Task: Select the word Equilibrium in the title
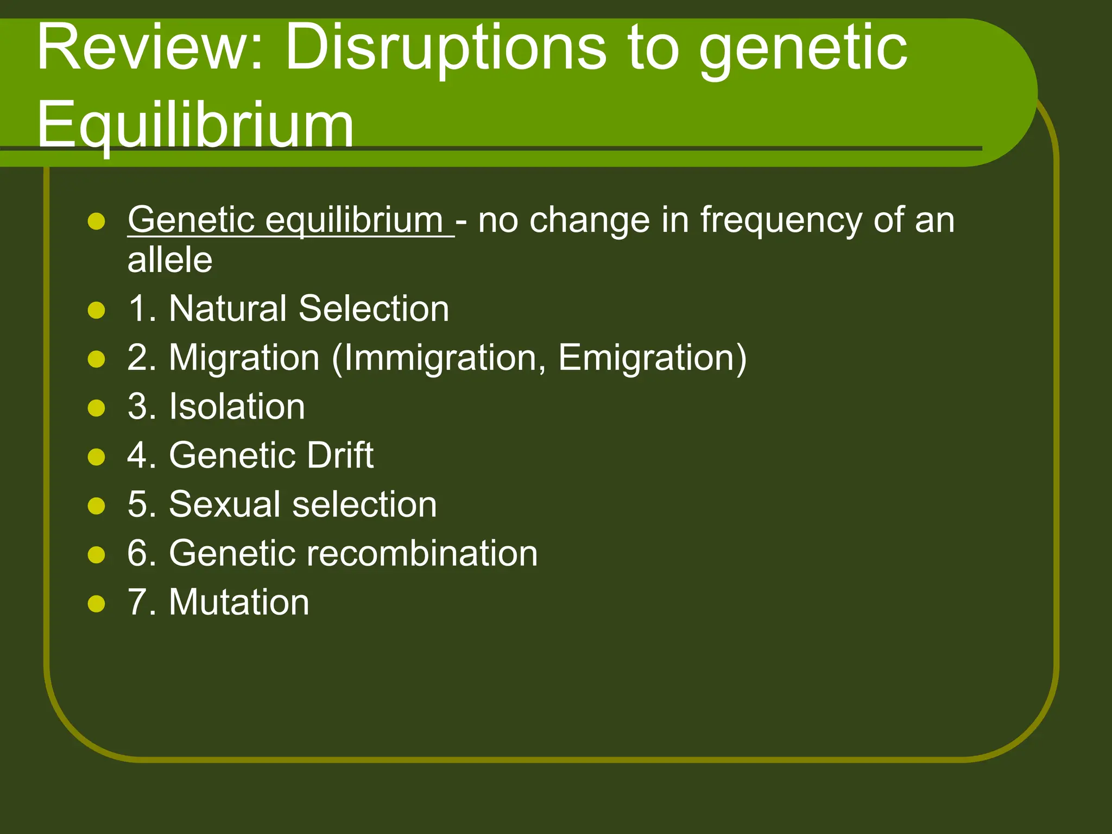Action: tap(195, 125)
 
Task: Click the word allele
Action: tap(169, 260)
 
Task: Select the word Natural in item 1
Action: tap(228, 308)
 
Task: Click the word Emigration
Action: tap(646, 358)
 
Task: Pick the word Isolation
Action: tap(237, 407)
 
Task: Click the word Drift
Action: tap(340, 455)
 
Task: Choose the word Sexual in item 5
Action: tap(225, 504)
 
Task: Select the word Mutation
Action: tap(239, 602)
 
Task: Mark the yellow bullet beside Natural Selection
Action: tap(96, 310)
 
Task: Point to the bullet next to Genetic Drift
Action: tap(96, 457)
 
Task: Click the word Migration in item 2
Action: tap(244, 358)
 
